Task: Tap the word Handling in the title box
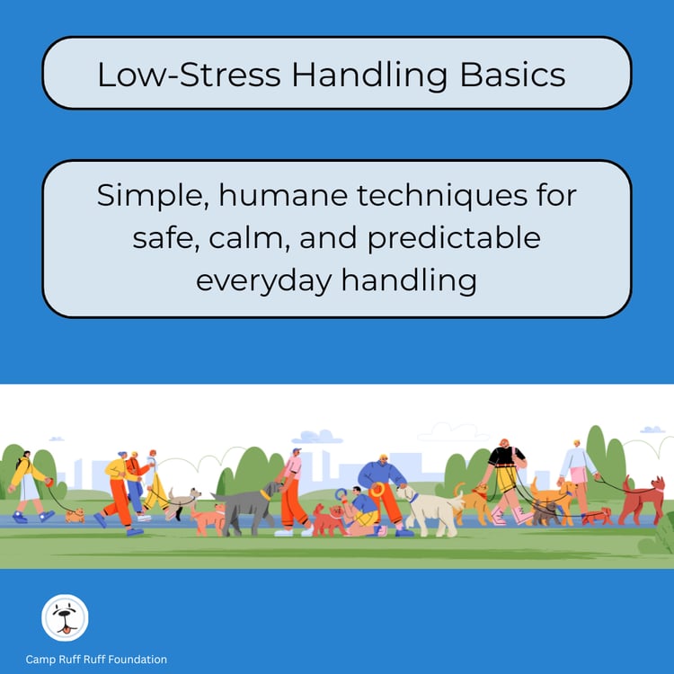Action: (x=381, y=75)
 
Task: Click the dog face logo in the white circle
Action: (x=65, y=617)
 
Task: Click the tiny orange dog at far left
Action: (x=74, y=515)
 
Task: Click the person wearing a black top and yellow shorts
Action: (x=505, y=476)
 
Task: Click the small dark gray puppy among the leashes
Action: (x=544, y=511)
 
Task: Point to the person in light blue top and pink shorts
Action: (x=577, y=472)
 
